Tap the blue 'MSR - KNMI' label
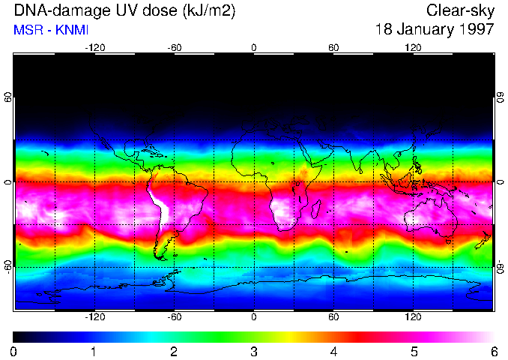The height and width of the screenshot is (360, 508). pyautogui.click(x=46, y=30)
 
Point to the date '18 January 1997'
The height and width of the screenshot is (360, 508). pyautogui.click(x=435, y=30)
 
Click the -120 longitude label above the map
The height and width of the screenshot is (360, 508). pyautogui.click(x=94, y=47)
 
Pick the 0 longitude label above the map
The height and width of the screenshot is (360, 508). pyautogui.click(x=254, y=47)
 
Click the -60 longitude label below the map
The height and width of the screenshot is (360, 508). pyautogui.click(x=174, y=317)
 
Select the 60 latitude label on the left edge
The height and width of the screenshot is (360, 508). pyautogui.click(x=7, y=97)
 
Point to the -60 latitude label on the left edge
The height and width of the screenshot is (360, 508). pyautogui.click(x=7, y=267)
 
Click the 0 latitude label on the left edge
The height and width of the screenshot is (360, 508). pyautogui.click(x=7, y=182)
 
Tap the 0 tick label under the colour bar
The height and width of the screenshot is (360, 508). pyautogui.click(x=14, y=351)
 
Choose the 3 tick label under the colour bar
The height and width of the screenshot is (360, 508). pyautogui.click(x=253, y=351)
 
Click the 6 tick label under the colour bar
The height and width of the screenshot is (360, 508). pyautogui.click(x=492, y=351)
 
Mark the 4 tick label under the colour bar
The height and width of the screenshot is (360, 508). pyautogui.click(x=333, y=351)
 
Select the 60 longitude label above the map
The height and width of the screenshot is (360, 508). pyautogui.click(x=333, y=47)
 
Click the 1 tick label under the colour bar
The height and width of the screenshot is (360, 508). pyautogui.click(x=94, y=351)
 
